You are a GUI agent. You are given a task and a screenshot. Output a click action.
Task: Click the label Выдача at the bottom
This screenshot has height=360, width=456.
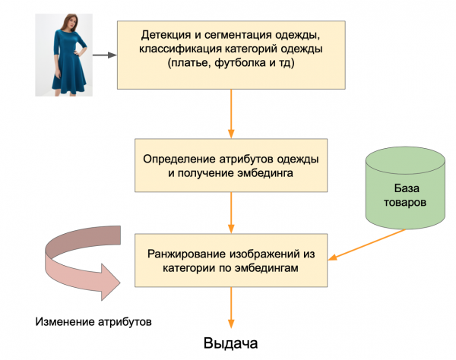coord(231,343)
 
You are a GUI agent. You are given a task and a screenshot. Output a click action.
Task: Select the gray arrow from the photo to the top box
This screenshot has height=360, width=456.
coord(106,55)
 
